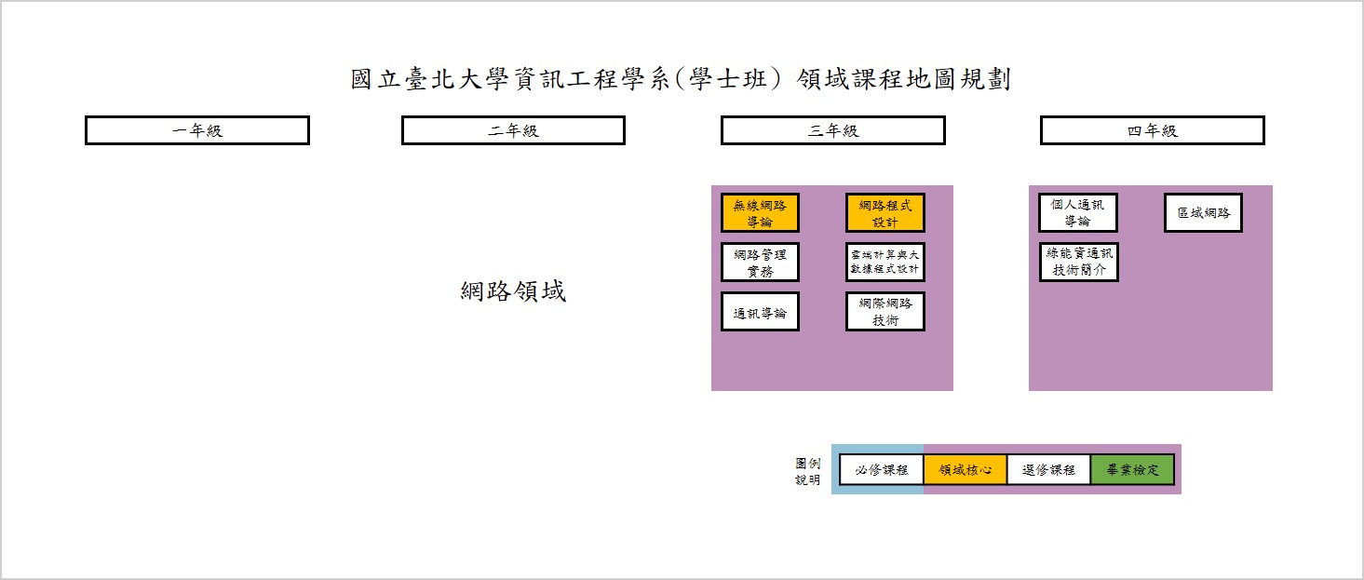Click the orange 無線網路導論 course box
pyautogui.click(x=760, y=213)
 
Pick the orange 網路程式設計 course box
pyautogui.click(x=885, y=213)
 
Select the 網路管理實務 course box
pyautogui.click(x=760, y=263)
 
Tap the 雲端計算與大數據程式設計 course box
pyautogui.click(x=885, y=263)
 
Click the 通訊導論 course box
pyautogui.click(x=760, y=312)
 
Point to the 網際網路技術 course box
pyautogui.click(x=885, y=312)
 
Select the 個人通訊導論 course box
pyautogui.click(x=1078, y=213)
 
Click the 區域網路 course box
pyautogui.click(x=1203, y=213)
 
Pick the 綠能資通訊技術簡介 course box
pyautogui.click(x=1078, y=263)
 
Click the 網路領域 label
pyautogui.click(x=513, y=290)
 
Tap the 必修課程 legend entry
pyautogui.click(x=881, y=470)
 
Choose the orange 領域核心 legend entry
pyautogui.click(x=966, y=470)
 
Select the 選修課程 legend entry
pyautogui.click(x=1048, y=470)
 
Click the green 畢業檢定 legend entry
pyautogui.click(x=1132, y=470)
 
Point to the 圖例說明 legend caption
pyautogui.click(x=807, y=472)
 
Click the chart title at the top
pyautogui.click(x=681, y=79)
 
